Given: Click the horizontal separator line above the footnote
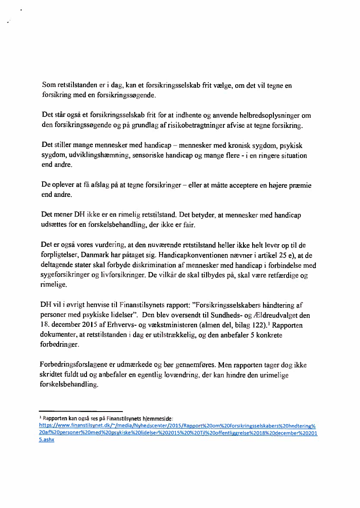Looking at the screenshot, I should [81, 411].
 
